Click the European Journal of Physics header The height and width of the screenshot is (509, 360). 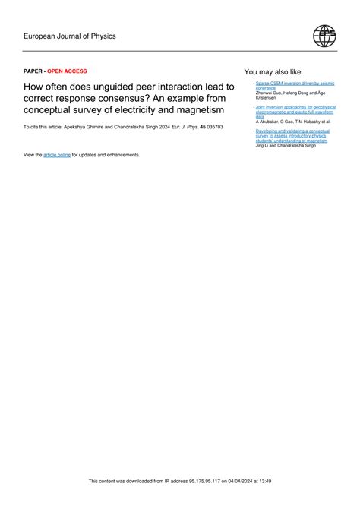tap(70, 36)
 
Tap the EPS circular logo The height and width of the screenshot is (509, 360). tap(324, 36)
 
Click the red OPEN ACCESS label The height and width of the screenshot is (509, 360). tap(68, 71)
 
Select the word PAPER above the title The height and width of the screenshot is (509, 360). tap(33, 71)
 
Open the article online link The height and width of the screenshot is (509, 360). tap(57, 154)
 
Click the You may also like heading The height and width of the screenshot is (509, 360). tap(273, 71)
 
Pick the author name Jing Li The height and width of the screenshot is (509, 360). tap(263, 145)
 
